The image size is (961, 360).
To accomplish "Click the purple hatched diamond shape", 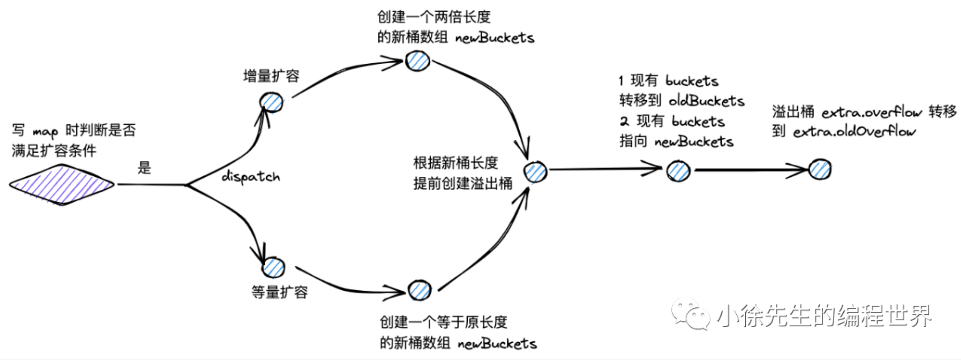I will pyautogui.click(x=62, y=185).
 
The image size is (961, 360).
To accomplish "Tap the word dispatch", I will pyautogui.click(x=251, y=176).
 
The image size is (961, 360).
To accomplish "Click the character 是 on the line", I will pyautogui.click(x=144, y=168).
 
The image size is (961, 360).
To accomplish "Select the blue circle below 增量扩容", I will pyautogui.click(x=271, y=103).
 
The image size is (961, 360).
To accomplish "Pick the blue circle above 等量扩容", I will pyautogui.click(x=273, y=267).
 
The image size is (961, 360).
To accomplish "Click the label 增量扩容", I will pyautogui.click(x=271, y=76).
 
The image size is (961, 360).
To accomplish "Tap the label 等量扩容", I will pyautogui.click(x=279, y=292).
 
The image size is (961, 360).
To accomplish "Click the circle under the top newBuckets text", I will pyautogui.click(x=417, y=61).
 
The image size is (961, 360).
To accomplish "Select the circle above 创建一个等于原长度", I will pyautogui.click(x=419, y=290).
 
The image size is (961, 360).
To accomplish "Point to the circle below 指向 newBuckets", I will pyautogui.click(x=678, y=171).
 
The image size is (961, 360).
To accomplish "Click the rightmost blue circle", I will pyautogui.click(x=820, y=170).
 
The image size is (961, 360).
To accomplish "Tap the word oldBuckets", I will pyautogui.click(x=706, y=101).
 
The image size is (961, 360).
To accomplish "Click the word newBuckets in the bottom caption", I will pyautogui.click(x=497, y=344).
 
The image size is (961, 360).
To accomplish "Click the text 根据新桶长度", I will pyautogui.click(x=455, y=163).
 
